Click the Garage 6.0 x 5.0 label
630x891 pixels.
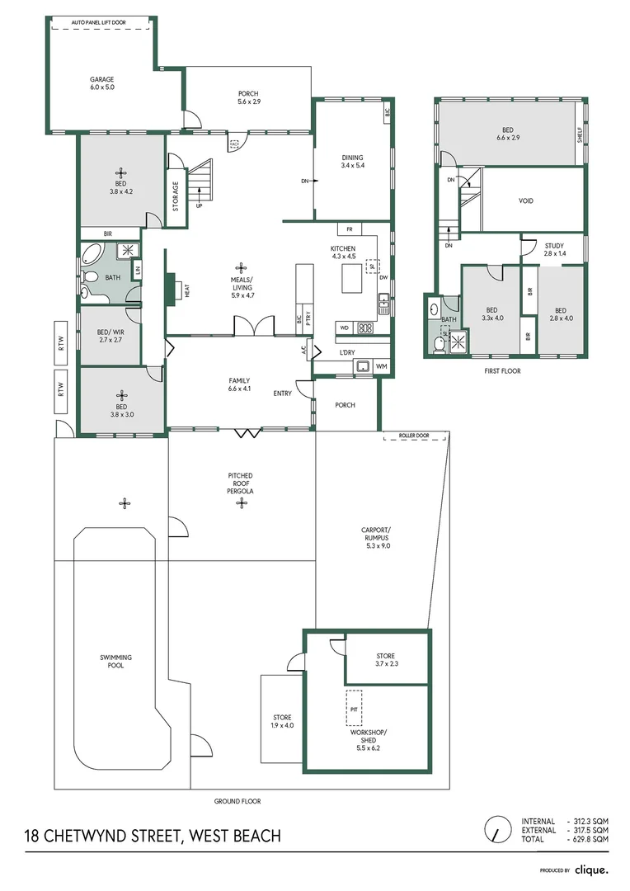pyautogui.click(x=102, y=83)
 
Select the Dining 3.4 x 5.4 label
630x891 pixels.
pyautogui.click(x=352, y=162)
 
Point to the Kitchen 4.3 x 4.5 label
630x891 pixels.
pyautogui.click(x=343, y=252)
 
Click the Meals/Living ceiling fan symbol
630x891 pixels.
pyautogui.click(x=241, y=267)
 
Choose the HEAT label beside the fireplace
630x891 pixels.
pyautogui.click(x=187, y=290)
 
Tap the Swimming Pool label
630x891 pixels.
pyautogui.click(x=115, y=661)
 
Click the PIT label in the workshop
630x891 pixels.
pyautogui.click(x=354, y=709)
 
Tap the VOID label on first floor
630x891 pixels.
pyautogui.click(x=526, y=200)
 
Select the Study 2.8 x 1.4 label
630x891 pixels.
pyautogui.click(x=553, y=249)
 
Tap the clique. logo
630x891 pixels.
pyautogui.click(x=591, y=870)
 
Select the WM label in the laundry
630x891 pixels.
pyautogui.click(x=381, y=365)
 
